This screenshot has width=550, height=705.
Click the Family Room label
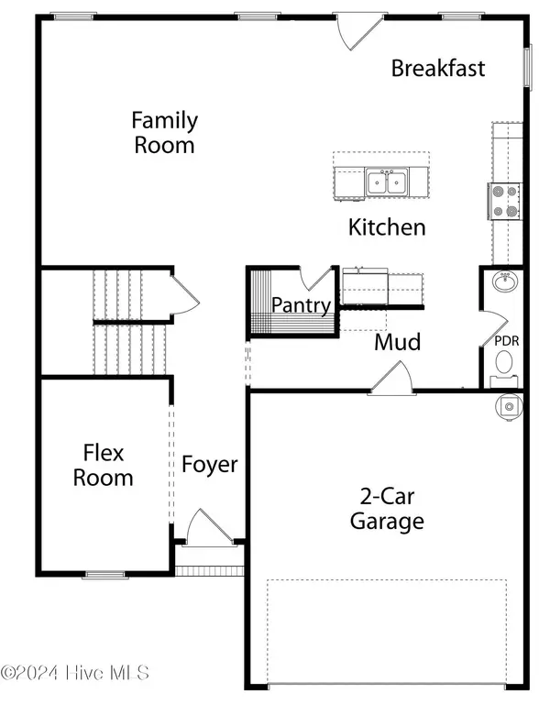(x=164, y=132)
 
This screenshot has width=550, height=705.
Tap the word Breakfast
(x=437, y=68)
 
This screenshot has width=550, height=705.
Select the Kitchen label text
(x=387, y=227)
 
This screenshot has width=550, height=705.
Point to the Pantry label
(x=302, y=305)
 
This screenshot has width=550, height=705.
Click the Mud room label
(x=398, y=342)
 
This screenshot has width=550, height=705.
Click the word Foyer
(x=209, y=465)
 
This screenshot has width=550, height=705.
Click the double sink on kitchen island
(x=387, y=182)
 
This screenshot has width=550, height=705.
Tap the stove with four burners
(x=504, y=201)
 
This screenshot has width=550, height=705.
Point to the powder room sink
(x=503, y=281)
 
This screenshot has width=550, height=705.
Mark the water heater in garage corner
(x=510, y=403)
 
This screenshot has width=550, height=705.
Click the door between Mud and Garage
(x=392, y=378)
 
